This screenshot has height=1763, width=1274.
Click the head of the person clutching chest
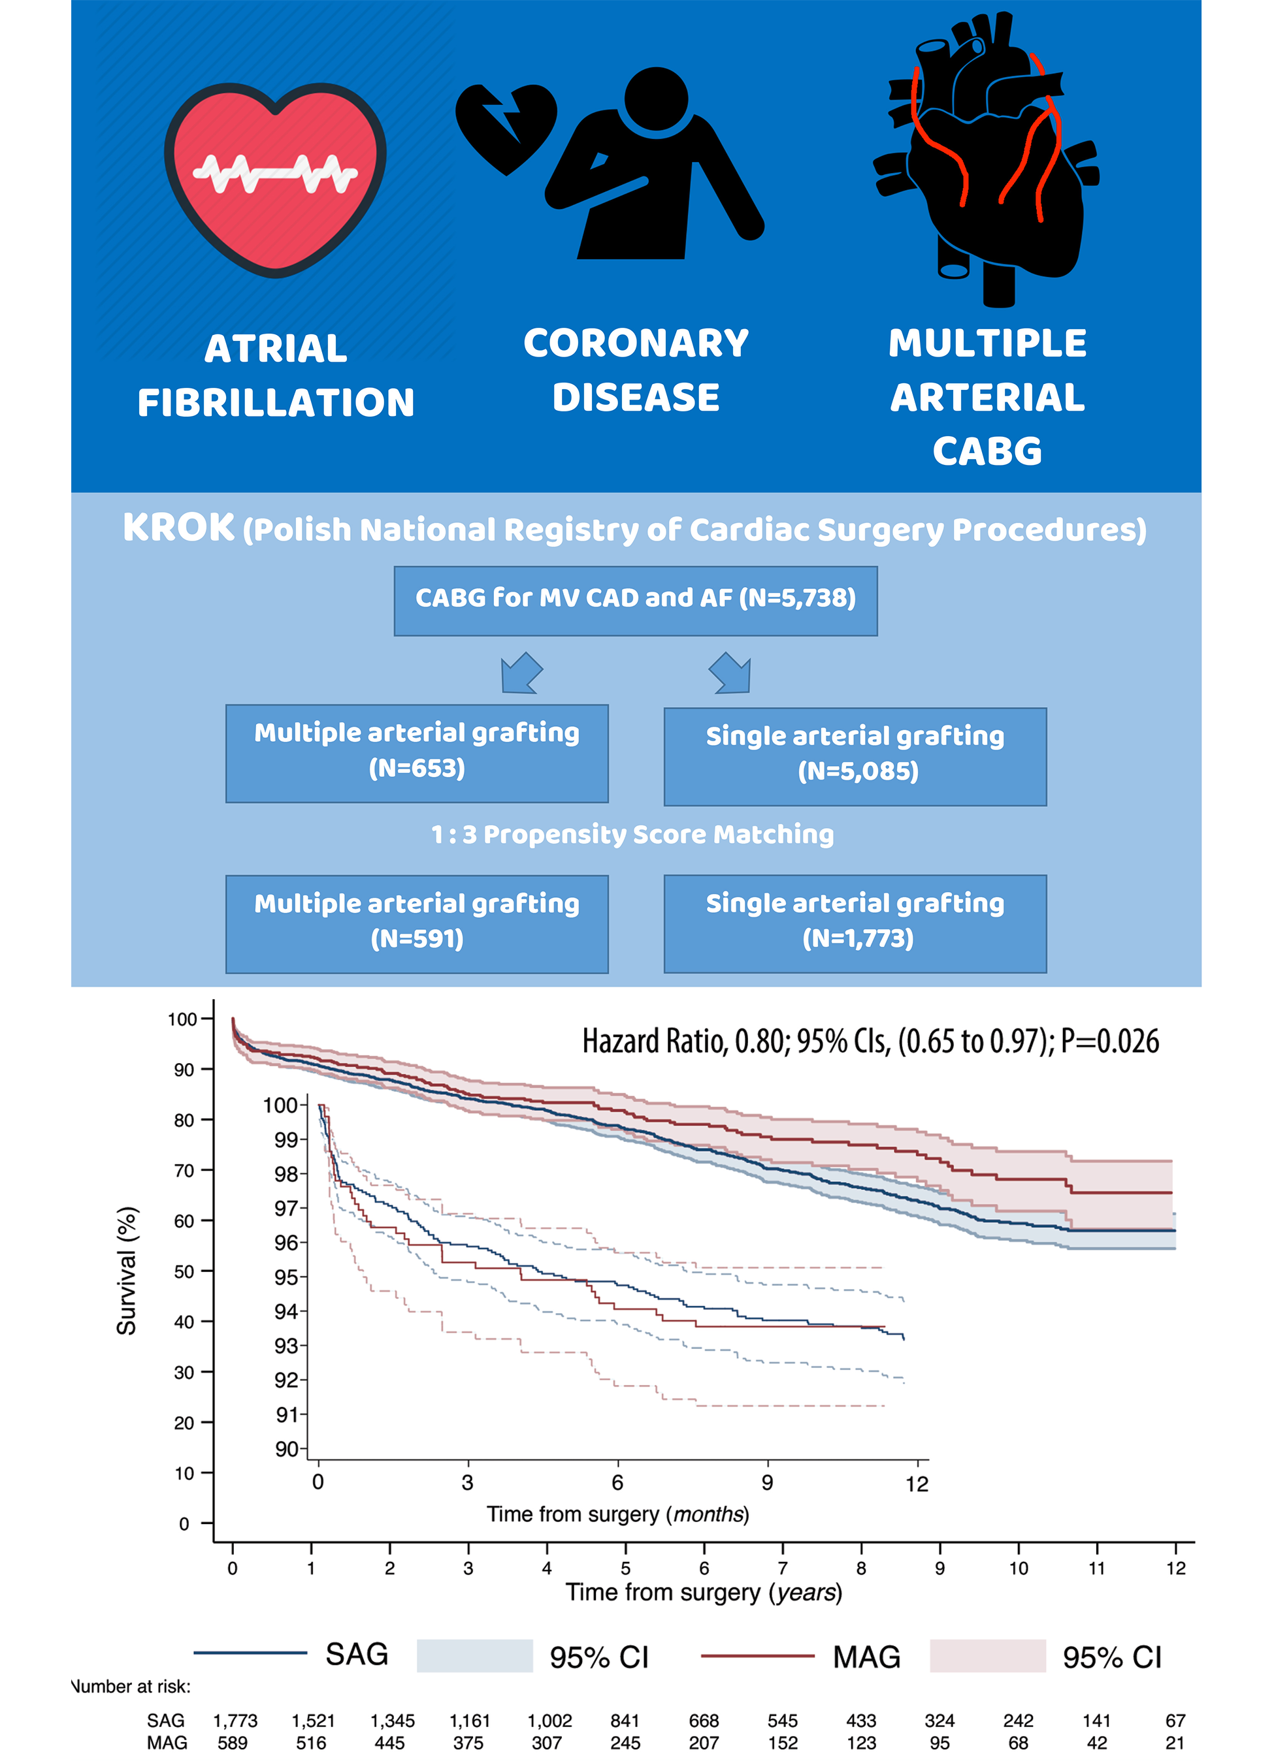point(656,99)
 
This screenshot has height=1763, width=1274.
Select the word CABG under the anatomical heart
point(987,451)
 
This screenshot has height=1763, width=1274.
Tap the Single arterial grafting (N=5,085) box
point(854,755)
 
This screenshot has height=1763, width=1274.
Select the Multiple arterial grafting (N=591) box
point(417,923)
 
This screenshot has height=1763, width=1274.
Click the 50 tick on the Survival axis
point(184,1272)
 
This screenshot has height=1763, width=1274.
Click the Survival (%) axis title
point(127,1271)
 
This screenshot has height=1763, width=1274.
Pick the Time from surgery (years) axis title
point(704,1593)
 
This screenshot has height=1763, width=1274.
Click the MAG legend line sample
point(757,1656)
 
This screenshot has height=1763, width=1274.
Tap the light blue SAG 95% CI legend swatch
point(474,1656)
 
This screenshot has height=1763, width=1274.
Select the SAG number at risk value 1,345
point(392,1721)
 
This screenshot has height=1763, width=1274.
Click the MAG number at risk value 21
point(1175,1743)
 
